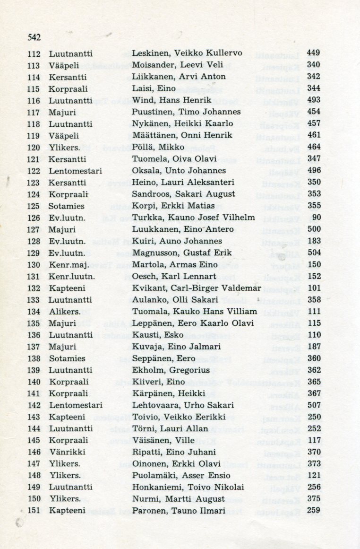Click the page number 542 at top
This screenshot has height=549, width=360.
(34, 37)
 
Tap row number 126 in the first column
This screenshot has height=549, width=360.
(34, 218)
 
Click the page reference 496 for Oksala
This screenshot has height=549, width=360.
(313, 171)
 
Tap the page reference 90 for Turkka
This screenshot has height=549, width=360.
(316, 218)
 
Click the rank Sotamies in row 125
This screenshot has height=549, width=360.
(67, 206)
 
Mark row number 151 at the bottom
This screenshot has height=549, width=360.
(34, 511)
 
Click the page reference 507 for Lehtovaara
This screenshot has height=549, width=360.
(313, 405)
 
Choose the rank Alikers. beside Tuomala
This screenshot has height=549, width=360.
(64, 312)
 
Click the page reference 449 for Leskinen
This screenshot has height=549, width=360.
(313, 53)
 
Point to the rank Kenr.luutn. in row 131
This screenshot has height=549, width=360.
(72, 277)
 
